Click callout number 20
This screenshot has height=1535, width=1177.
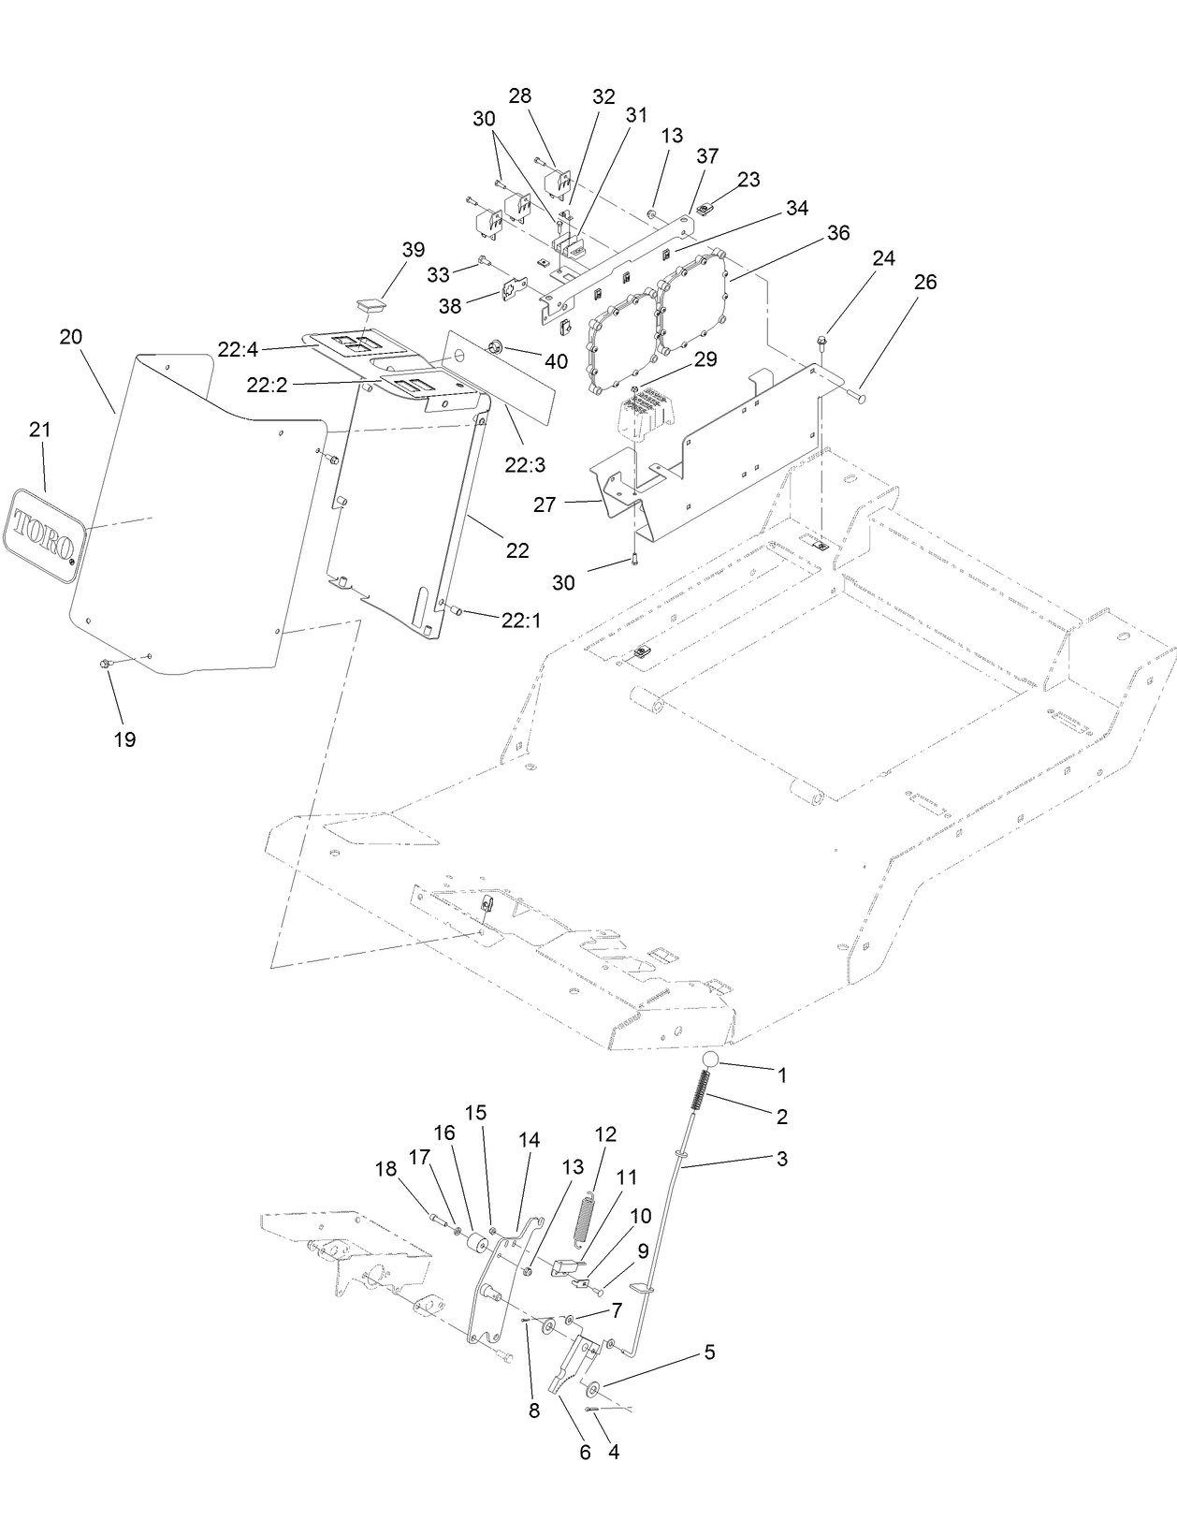[71, 337]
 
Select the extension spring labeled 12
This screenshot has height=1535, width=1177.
[584, 1219]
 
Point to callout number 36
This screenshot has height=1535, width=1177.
[838, 232]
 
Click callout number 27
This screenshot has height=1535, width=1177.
[545, 505]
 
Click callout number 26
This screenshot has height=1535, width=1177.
[924, 282]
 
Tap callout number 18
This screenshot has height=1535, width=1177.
[386, 1169]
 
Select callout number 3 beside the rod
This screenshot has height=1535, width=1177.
[781, 1159]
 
